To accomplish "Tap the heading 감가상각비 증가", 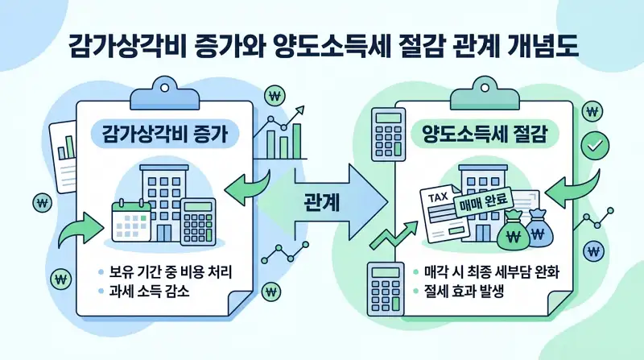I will (x=164, y=134).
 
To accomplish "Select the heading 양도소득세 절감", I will (x=485, y=134).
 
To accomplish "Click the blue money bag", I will (x=544, y=229).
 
